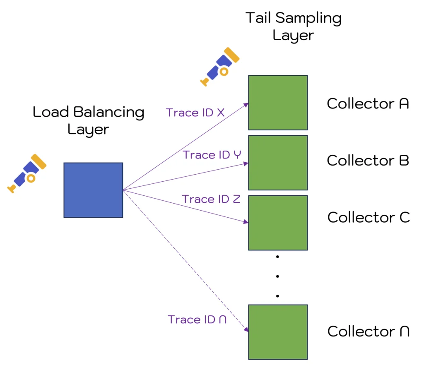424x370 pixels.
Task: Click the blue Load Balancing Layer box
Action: tap(93, 190)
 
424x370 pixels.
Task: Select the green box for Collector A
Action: tap(278, 103)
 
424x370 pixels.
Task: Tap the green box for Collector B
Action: tap(278, 163)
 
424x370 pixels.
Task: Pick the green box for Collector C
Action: tap(278, 223)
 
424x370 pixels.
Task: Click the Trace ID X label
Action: tap(195, 113)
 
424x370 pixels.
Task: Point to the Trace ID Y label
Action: tap(212, 155)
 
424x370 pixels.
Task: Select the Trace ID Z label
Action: tap(211, 199)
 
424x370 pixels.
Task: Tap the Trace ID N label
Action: tap(197, 320)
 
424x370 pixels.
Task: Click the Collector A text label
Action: tap(368, 103)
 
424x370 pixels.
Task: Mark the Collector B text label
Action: tap(368, 160)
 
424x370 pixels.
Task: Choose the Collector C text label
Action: tap(369, 217)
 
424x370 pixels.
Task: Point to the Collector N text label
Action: tap(369, 331)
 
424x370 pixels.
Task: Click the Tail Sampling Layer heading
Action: tap(293, 26)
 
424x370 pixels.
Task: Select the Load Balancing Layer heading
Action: tap(88, 120)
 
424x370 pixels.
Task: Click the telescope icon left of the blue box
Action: tap(27, 173)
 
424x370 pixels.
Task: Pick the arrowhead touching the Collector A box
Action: tap(246, 104)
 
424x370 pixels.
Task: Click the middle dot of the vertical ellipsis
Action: tap(277, 276)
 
